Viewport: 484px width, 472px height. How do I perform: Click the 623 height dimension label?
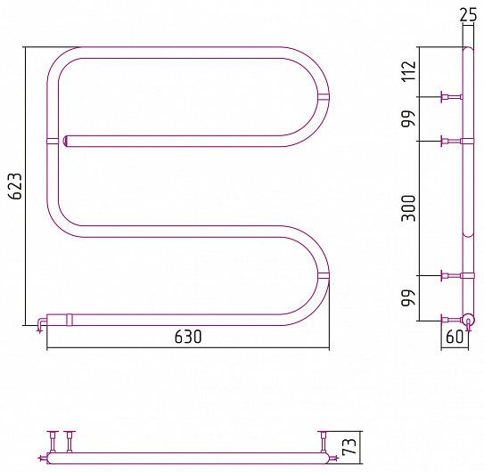15,186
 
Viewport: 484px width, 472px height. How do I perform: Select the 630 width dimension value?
188,337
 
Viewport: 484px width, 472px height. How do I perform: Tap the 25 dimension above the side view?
468,14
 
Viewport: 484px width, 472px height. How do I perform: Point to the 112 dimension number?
409,71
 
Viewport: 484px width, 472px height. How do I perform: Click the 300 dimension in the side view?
409,208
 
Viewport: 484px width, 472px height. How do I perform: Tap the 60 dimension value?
455,337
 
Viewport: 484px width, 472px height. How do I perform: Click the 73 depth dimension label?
349,447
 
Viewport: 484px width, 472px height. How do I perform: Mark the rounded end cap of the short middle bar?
66,141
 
